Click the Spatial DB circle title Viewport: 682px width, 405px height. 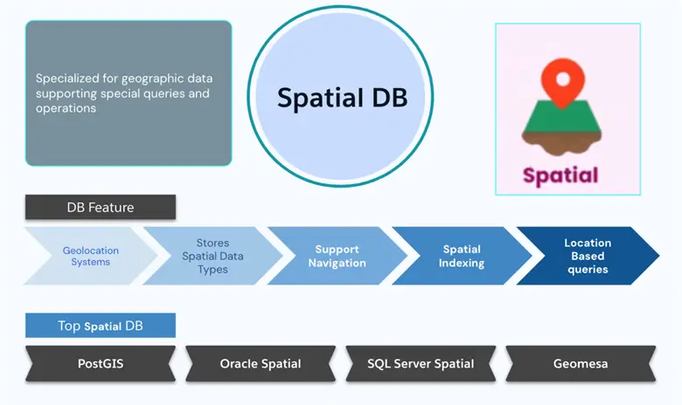[x=342, y=98]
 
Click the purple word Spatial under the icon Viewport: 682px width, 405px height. [x=560, y=175]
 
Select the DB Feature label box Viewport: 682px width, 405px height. [x=100, y=207]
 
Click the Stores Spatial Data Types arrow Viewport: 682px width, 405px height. [x=212, y=257]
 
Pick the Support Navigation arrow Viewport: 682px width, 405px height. [x=337, y=257]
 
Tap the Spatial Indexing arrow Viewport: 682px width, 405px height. [x=461, y=257]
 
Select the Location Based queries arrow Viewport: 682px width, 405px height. [x=588, y=257]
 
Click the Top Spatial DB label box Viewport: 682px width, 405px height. [x=100, y=326]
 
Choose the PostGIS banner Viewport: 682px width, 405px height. [x=100, y=363]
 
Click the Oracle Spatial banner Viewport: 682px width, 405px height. [x=261, y=363]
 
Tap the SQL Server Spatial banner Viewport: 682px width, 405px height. [x=421, y=363]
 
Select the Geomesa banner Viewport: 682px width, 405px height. [x=581, y=363]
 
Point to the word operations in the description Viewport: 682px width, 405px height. [x=66, y=109]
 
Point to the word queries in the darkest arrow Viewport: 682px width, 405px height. [x=588, y=270]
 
